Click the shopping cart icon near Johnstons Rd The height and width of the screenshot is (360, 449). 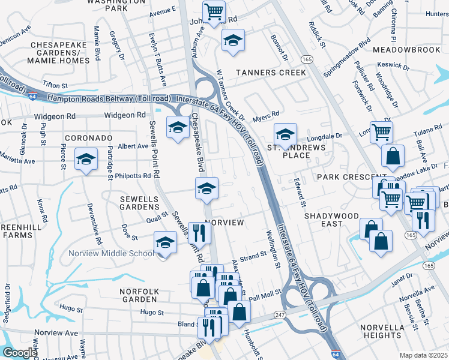[214, 11]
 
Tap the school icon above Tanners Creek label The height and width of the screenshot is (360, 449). [233, 40]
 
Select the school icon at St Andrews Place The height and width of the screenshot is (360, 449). [285, 134]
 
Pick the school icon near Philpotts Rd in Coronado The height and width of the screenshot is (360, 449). [86, 160]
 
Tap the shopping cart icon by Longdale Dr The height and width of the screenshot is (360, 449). [382, 132]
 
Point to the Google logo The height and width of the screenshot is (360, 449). [20, 353]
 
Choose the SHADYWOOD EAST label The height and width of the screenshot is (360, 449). [331, 219]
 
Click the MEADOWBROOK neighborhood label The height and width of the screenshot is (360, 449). [406, 49]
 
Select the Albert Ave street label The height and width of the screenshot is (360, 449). [133, 146]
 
